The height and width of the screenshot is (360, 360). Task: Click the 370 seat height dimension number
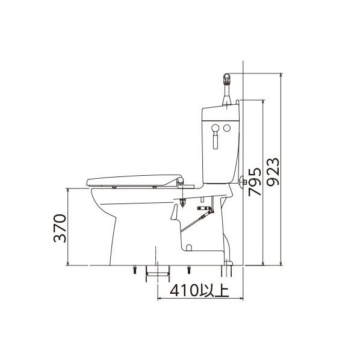(60, 228)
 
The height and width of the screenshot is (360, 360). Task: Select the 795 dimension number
(255, 182)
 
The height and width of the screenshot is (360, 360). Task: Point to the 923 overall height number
(273, 172)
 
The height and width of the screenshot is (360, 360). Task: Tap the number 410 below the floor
(184, 290)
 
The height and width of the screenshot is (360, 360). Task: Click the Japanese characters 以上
(214, 290)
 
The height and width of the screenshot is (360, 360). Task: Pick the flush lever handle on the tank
(216, 137)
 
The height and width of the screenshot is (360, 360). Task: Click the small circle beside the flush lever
(227, 128)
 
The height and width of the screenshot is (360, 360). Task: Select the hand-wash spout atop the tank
(227, 89)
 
